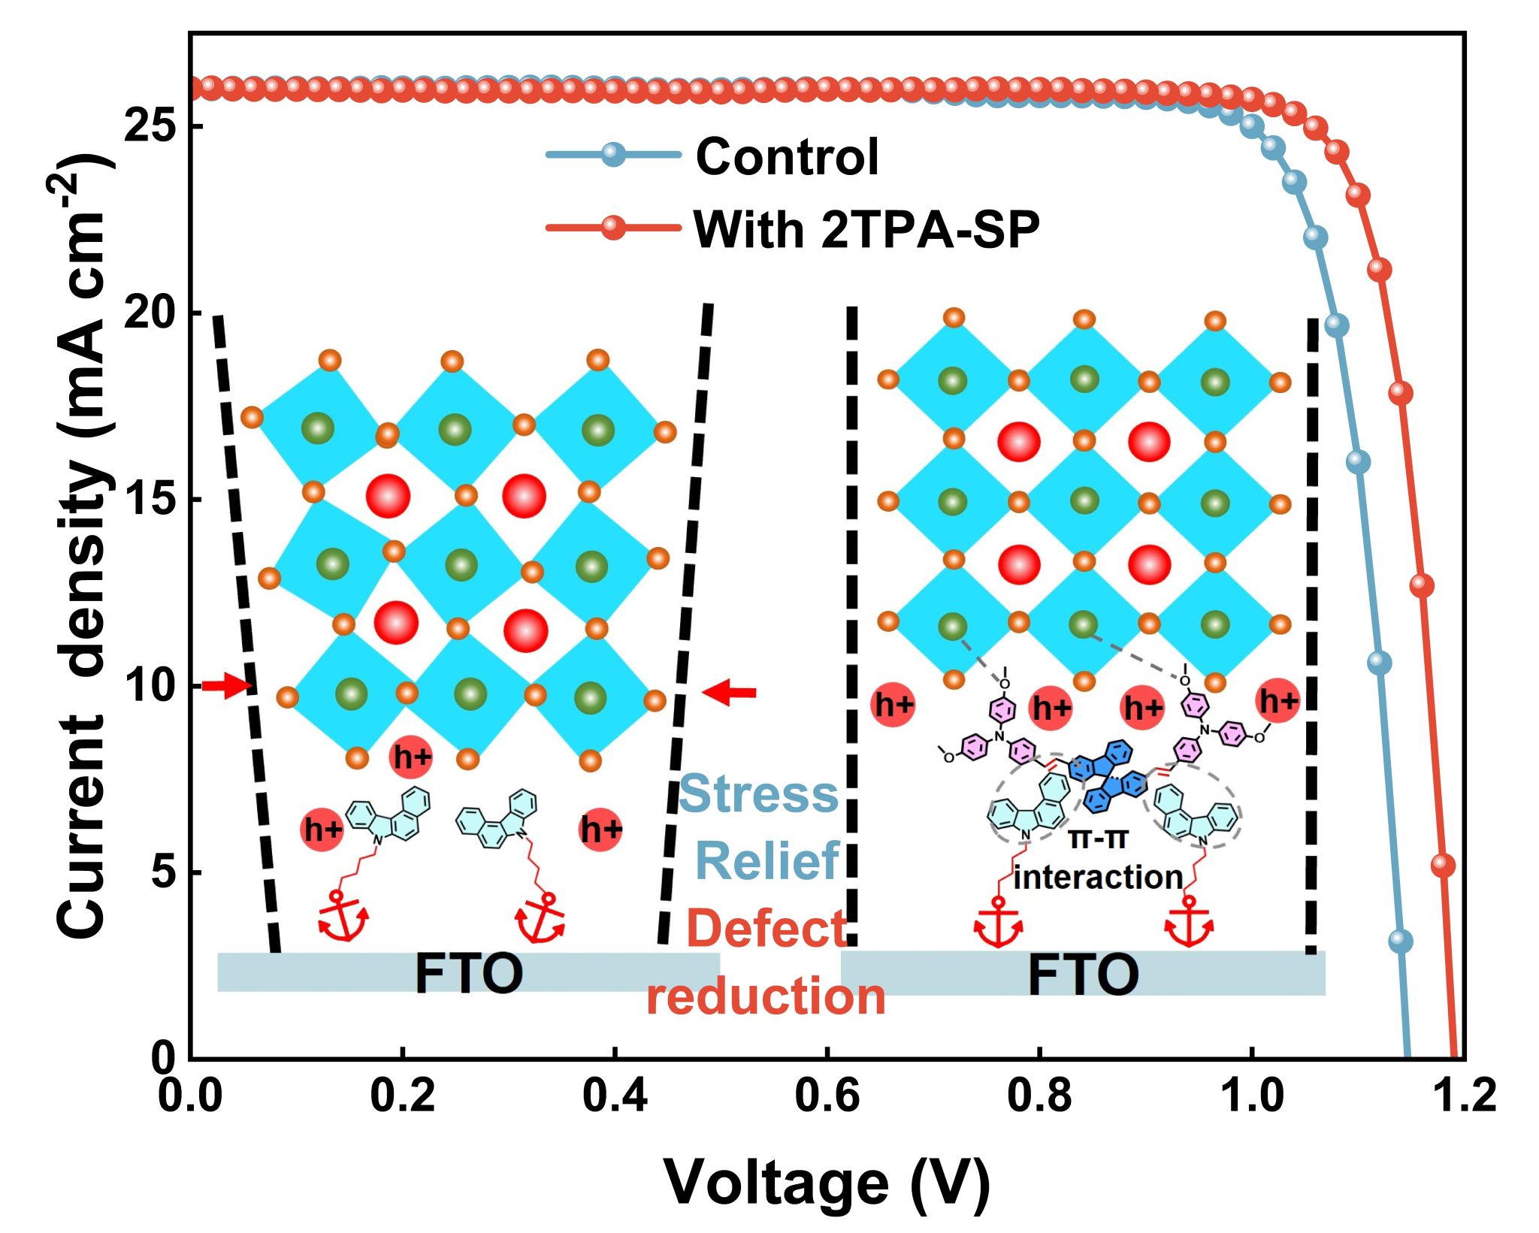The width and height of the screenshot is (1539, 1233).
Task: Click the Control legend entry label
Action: pos(786,157)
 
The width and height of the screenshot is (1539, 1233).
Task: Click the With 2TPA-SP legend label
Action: pos(866,229)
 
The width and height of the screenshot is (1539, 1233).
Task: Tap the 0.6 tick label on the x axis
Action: pos(827,1095)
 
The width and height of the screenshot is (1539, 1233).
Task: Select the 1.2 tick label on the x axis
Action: pos(1464,1095)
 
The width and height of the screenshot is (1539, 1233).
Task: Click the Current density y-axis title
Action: pos(83,549)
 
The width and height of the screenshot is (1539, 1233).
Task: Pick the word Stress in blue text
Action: pos(759,794)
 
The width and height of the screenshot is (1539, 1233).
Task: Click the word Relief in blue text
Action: pos(768,861)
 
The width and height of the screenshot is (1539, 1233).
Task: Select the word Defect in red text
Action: pos(766,929)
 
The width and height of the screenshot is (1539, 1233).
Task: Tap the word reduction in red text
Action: pos(765,997)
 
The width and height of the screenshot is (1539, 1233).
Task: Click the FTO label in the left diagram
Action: pos(469,974)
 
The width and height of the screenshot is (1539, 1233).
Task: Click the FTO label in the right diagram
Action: pos(1083,975)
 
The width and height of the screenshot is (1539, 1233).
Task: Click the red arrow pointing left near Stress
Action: pos(729,693)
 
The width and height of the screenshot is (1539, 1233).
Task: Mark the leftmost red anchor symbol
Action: pos(343,916)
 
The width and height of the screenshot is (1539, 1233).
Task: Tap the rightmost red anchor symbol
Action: pos(1189,921)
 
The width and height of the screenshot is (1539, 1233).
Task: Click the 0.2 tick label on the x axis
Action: pos(403,1095)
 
